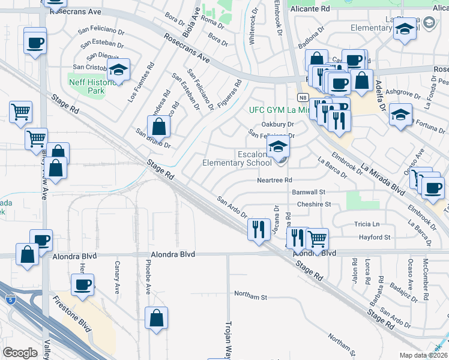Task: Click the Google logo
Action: (20, 353)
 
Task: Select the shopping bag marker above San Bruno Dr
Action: (158, 127)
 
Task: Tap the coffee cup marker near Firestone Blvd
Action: (83, 284)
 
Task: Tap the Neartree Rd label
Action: (274, 179)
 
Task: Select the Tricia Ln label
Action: (366, 224)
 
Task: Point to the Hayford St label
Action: (375, 238)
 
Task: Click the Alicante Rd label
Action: (310, 9)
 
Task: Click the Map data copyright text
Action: (424, 355)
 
